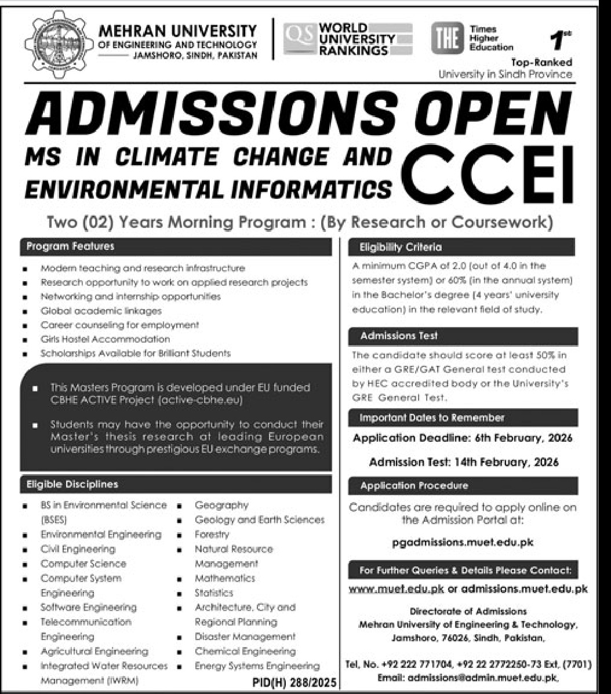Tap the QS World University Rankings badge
348,39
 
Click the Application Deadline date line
462,438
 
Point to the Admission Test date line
464,462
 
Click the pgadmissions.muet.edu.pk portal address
463,543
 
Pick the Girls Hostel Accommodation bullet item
105,339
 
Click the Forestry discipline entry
212,534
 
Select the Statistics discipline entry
213,593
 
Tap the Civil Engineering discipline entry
78,548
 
